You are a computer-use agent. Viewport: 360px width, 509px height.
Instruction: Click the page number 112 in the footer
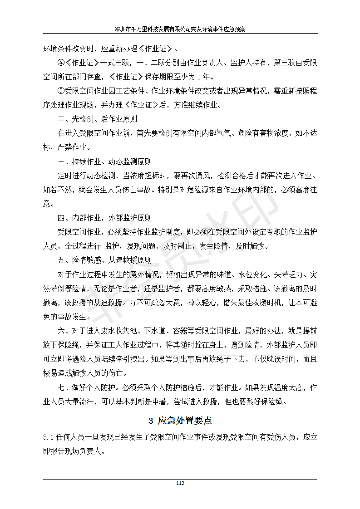180,484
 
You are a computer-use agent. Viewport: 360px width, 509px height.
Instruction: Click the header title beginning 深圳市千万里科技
180,28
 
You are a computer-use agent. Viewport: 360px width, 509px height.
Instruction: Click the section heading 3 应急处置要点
180,420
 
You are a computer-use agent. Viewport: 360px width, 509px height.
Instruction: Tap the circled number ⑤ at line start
61,91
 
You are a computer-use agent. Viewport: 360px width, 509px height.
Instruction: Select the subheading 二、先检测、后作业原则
97,119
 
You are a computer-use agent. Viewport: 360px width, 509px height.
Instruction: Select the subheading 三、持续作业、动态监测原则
104,162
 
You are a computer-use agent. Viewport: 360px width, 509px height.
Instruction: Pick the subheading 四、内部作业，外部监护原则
104,218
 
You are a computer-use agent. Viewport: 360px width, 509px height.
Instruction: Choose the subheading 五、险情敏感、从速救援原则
104,260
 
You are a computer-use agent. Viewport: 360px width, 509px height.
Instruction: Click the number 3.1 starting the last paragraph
49,437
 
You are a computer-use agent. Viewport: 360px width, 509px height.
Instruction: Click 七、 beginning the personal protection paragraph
63,388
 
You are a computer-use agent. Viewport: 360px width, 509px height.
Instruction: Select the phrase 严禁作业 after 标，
74,147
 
